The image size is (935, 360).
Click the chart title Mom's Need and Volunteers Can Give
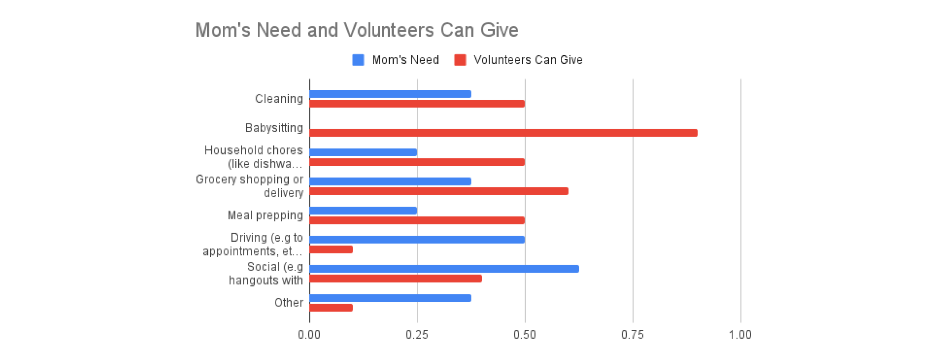[357, 30]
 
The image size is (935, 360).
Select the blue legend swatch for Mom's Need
[358, 60]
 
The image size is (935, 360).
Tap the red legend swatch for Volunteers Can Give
[460, 60]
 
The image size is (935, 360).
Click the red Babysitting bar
[503, 133]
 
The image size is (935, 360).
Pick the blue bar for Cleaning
[390, 94]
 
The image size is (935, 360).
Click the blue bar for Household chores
[363, 152]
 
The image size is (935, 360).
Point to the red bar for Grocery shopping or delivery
[439, 191]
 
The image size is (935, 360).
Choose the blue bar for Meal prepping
[363, 211]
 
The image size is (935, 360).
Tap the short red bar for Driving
[331, 249]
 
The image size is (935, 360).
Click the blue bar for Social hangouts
[444, 269]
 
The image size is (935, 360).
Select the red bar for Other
[331, 308]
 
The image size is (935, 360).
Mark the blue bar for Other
[390, 298]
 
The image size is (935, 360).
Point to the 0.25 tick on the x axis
[417, 335]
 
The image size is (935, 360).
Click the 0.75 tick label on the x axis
[632, 335]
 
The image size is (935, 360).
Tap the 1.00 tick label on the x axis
[740, 335]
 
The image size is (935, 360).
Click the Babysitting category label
[274, 128]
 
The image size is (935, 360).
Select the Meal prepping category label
[265, 215]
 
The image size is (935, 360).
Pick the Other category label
[289, 303]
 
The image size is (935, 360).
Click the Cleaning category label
[279, 99]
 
